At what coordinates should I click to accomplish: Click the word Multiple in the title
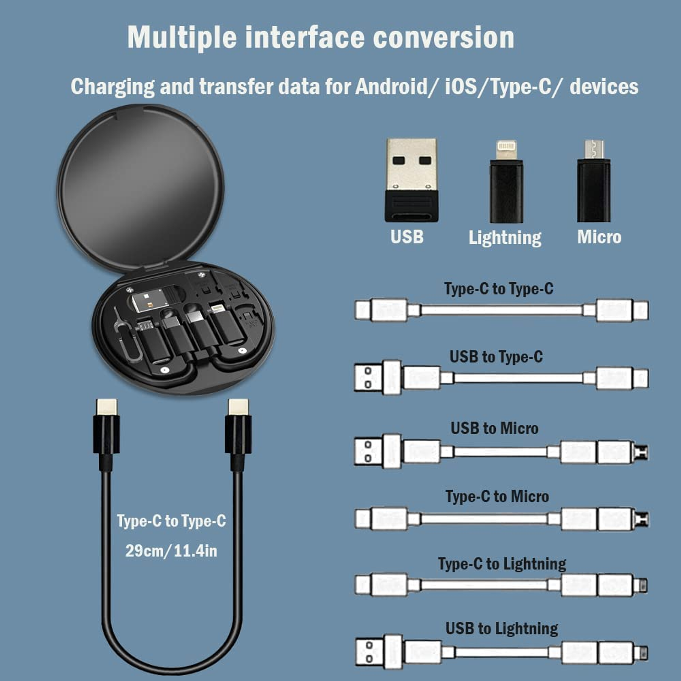pos(182,37)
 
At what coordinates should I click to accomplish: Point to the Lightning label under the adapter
pos(505,238)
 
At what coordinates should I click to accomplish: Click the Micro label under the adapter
pos(599,237)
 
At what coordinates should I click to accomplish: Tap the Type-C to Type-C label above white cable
pos(498,289)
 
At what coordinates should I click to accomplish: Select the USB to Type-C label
pos(496,357)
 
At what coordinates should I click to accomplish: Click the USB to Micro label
pos(494,428)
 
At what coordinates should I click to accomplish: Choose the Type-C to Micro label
pos(497,496)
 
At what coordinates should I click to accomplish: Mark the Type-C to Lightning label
pos(502,564)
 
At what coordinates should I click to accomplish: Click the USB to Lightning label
pos(501,628)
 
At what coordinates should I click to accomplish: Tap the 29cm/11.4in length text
pos(171,551)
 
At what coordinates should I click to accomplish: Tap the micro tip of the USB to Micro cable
pos(642,452)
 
